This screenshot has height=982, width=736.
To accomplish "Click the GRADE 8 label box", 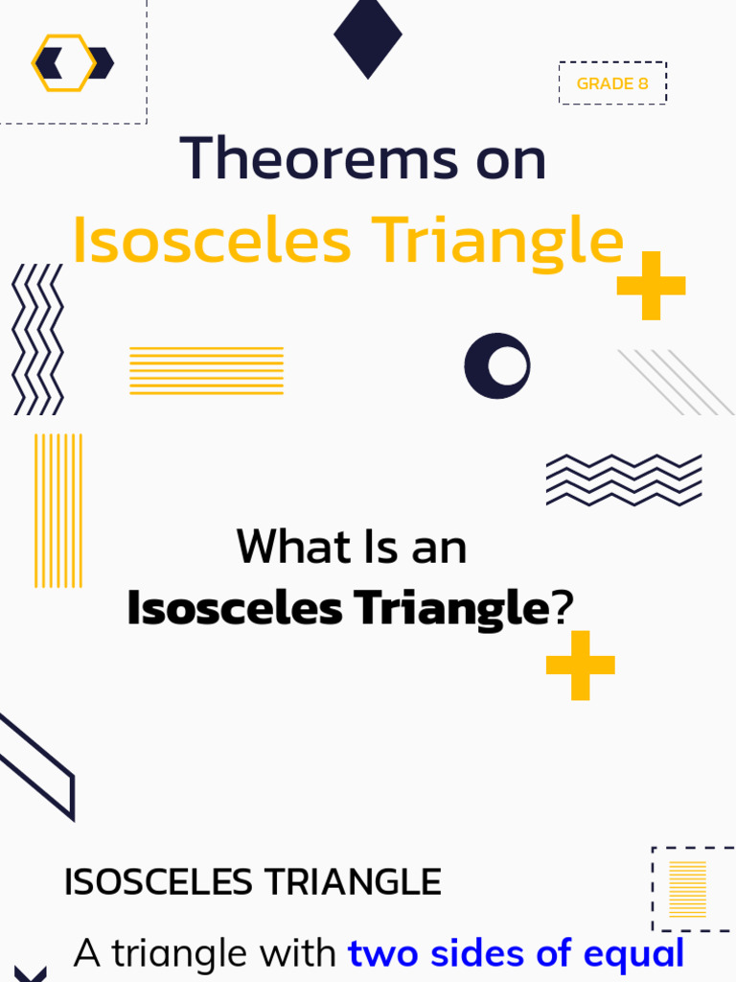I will (612, 83).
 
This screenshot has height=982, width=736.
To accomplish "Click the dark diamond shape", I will (368, 37).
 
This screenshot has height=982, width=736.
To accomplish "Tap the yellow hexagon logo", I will (64, 63).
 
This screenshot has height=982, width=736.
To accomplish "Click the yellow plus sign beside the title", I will (651, 285).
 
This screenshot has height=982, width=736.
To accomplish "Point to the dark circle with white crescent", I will (497, 365).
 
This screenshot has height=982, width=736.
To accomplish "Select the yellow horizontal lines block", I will (206, 370).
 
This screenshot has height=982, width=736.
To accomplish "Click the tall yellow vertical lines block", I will (58, 510).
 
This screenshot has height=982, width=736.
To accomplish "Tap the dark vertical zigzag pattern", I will (37, 339).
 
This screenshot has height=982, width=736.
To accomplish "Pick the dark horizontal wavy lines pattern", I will (624, 479).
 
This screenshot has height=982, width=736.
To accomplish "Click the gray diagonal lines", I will (676, 382).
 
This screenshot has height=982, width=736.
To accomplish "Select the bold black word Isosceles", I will (235, 608).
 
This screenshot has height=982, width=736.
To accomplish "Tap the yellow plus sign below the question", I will (580, 665).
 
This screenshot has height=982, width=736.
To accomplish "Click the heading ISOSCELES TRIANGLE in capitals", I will (252, 881).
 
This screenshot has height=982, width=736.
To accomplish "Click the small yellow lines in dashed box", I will (687, 889).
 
